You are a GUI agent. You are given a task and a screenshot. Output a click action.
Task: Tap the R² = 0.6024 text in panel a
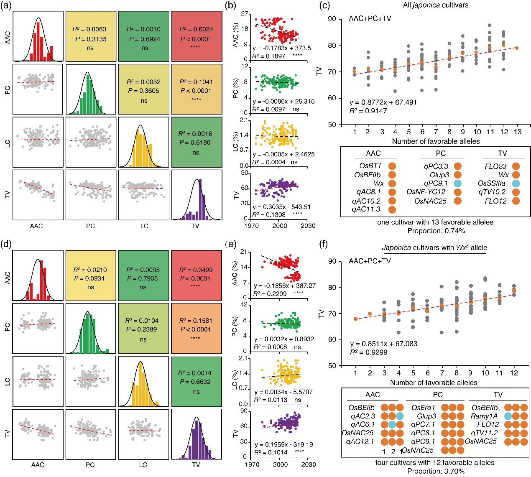196,29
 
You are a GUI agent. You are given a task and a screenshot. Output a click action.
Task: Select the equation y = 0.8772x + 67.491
383,102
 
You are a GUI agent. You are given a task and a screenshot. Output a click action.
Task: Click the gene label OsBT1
370,166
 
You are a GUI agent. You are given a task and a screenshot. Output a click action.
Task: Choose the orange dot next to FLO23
516,166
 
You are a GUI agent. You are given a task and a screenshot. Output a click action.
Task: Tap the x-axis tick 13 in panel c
517,132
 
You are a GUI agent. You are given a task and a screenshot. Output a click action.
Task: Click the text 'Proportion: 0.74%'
435,230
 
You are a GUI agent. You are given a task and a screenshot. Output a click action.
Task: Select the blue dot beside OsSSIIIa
516,184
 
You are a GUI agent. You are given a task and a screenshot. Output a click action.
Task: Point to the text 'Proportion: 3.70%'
435,471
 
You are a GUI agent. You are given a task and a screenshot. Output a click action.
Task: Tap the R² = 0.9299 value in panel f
369,352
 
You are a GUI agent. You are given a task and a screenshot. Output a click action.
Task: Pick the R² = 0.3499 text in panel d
196,270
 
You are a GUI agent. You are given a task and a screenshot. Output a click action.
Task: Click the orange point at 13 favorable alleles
517,48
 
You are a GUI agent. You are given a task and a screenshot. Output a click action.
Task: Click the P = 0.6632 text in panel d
196,382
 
